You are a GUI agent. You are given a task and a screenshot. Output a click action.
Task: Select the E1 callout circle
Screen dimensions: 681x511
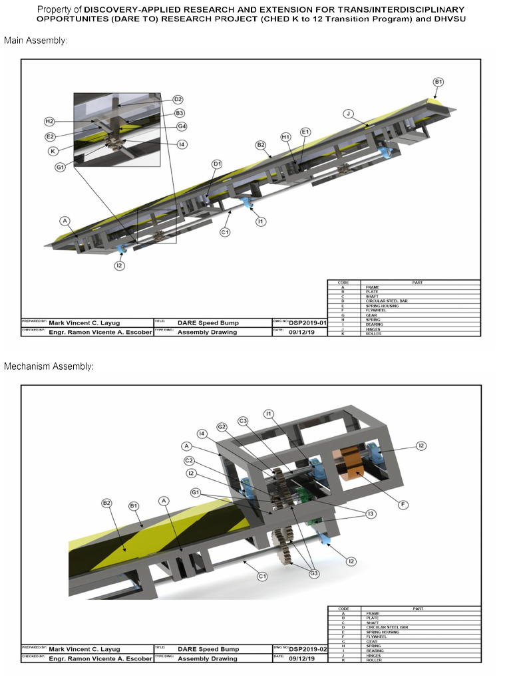(305, 132)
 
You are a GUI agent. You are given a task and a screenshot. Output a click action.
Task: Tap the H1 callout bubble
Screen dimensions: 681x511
(285, 137)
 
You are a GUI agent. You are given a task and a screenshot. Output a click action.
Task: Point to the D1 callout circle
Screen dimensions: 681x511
(217, 164)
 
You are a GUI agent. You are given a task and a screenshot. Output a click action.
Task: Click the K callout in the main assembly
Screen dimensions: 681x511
(52, 151)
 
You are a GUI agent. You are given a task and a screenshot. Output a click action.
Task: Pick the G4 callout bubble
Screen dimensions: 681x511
(182, 126)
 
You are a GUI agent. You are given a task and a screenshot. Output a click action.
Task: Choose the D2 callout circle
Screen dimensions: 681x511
(178, 99)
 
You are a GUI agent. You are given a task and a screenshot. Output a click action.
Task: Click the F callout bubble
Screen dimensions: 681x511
(403, 505)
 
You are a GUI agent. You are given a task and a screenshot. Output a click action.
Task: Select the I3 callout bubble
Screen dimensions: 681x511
(371, 513)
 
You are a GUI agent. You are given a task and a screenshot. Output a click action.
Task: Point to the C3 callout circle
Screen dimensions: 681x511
(243, 420)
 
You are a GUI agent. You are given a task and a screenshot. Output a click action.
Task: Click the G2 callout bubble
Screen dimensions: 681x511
(222, 426)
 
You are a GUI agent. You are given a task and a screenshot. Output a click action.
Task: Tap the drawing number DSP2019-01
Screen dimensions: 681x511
(307, 323)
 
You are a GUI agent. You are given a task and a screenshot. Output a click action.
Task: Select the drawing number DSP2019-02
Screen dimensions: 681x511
(307, 649)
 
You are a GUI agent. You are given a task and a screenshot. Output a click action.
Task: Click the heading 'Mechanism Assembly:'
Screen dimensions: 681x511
(49, 366)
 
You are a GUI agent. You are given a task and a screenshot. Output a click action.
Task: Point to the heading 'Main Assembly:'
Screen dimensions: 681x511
(36, 41)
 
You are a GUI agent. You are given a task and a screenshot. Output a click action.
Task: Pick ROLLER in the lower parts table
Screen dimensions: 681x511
(371, 660)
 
